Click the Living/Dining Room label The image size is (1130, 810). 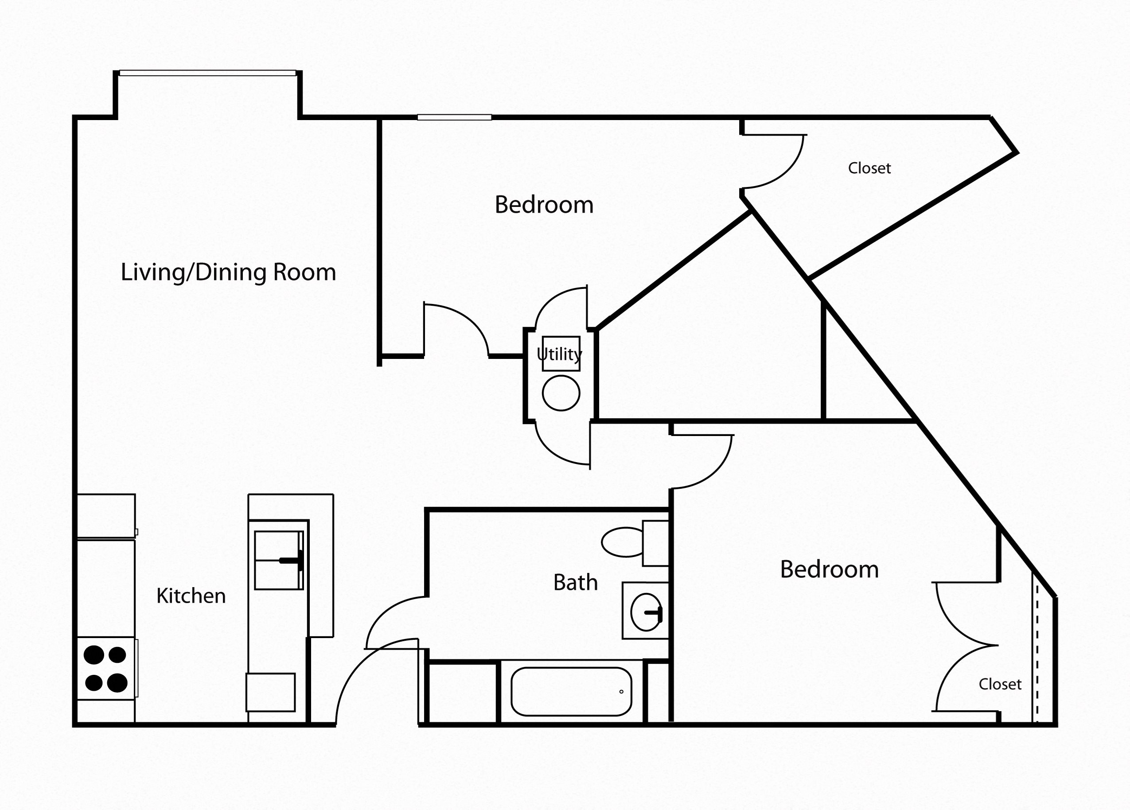228,273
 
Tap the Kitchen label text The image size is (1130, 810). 191,596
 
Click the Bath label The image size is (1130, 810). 576,582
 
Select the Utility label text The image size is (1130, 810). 559,354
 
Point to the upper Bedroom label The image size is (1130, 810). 544,205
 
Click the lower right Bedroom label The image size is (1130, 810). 829,569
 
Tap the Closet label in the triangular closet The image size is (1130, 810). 869,168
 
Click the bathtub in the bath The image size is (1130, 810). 571,691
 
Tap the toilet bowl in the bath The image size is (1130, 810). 622,542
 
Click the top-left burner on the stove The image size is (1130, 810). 94,654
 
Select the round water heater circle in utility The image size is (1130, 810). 561,393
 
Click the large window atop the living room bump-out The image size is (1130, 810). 207,73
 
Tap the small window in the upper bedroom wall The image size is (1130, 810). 454,117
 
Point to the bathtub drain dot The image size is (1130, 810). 621,691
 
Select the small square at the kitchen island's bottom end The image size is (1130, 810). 271,693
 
